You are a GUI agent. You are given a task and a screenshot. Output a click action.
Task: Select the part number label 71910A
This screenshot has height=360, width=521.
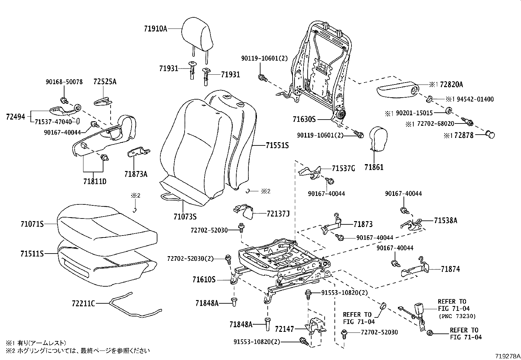155,29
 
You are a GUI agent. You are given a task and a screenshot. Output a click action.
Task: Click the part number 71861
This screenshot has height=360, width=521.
374,167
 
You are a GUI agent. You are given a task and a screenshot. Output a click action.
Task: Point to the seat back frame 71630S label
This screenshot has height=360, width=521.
304,120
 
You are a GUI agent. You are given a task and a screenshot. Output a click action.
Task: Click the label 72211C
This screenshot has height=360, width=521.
83,304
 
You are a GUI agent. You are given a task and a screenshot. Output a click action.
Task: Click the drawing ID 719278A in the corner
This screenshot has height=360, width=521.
507,356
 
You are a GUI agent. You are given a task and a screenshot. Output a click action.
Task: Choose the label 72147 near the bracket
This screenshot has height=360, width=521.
284,329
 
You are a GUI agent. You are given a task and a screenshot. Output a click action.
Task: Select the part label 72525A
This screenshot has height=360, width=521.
105,82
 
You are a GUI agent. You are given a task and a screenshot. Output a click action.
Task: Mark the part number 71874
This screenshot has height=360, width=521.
450,269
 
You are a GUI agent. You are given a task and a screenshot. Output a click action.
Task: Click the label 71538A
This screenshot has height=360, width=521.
445,221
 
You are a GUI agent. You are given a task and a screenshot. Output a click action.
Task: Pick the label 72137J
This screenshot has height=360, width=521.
278,214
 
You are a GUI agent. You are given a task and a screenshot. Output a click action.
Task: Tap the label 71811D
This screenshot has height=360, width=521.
95,181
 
